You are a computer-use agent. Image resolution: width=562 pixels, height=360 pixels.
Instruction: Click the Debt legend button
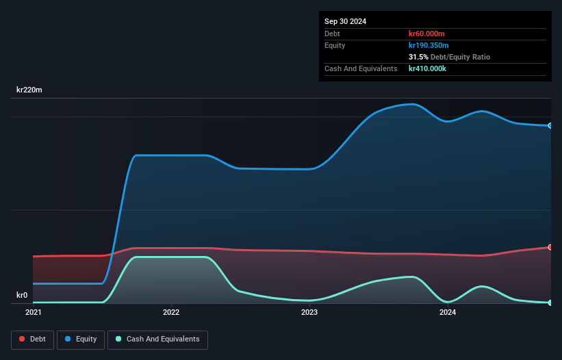point(31,339)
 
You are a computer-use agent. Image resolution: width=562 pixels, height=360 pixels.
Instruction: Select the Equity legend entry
point(81,339)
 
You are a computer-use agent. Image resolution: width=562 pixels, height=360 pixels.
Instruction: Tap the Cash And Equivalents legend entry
point(157,339)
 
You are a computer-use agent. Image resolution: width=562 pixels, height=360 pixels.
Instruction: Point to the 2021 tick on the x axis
point(33,313)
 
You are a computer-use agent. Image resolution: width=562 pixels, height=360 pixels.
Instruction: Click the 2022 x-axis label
point(171,313)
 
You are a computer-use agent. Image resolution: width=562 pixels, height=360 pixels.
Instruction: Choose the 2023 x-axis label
point(309,313)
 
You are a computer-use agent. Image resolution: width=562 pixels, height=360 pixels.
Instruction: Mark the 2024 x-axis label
point(448,313)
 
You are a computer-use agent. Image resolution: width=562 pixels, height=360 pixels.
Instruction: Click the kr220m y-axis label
point(29,90)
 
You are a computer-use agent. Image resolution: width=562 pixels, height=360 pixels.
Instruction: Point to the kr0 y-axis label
point(22,296)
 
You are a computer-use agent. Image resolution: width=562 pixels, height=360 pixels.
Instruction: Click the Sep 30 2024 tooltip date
point(345,21)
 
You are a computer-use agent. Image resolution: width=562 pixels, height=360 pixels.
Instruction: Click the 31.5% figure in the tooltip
point(418,57)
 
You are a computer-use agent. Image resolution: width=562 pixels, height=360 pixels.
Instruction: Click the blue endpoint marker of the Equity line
point(550,126)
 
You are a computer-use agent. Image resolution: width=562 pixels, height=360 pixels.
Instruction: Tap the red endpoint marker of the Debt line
point(550,247)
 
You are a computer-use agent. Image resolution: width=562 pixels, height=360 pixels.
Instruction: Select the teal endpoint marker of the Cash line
point(550,303)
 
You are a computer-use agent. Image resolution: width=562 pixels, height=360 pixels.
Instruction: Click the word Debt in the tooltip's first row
point(332,34)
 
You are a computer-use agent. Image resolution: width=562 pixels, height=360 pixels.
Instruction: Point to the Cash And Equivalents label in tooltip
point(361,68)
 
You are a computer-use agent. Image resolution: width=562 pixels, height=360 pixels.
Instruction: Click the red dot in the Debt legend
point(23,339)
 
